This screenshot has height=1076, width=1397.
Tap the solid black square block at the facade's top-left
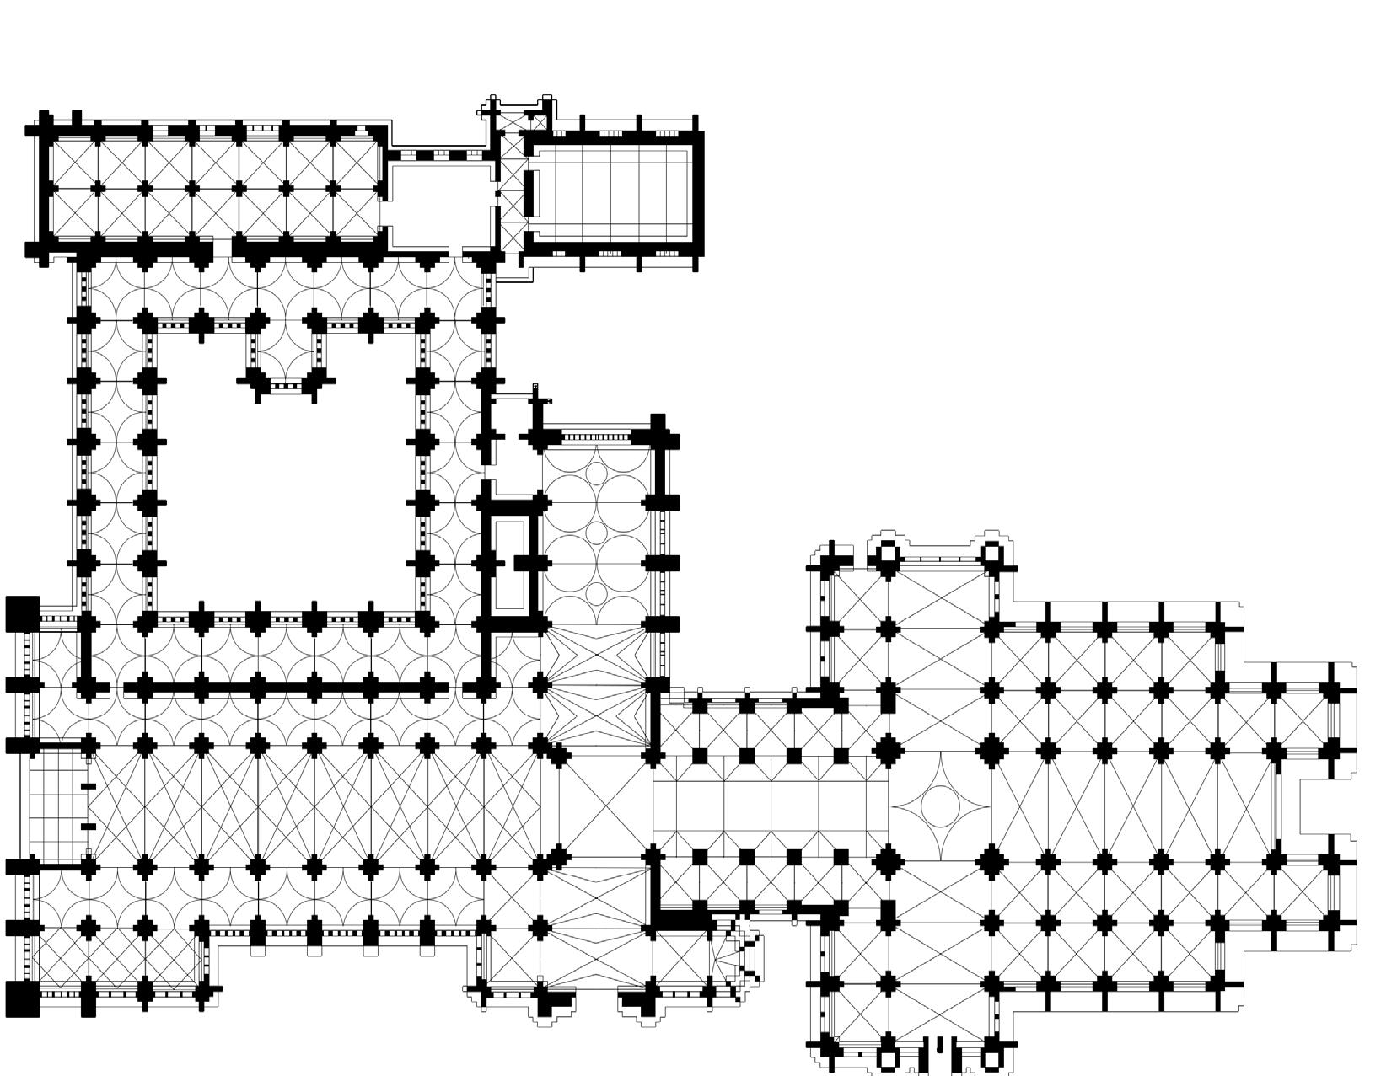click(23, 612)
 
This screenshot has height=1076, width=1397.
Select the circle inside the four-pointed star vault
click(939, 806)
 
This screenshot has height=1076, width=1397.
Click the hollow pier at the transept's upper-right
click(992, 554)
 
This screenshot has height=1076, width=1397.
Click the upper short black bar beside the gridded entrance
click(88, 786)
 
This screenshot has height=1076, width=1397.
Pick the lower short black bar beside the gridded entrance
click(88, 827)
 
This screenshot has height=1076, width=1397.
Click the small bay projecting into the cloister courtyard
click(285, 354)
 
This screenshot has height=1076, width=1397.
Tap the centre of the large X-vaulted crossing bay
click(596, 806)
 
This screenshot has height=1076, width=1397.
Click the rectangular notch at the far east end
click(1328, 806)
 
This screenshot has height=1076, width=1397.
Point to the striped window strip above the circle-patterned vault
click(595, 436)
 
